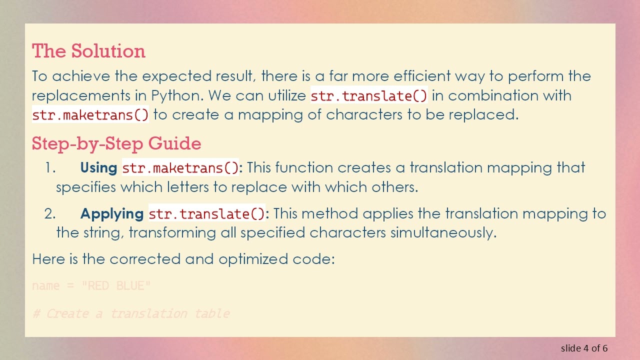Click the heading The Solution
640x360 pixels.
88,51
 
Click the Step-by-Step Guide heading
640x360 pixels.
116,143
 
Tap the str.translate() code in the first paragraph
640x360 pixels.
369,95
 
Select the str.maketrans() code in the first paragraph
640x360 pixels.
90,114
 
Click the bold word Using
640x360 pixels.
98,167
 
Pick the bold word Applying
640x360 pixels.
112,214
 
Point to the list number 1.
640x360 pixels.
49,168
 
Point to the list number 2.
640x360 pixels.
49,214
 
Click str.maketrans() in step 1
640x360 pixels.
181,168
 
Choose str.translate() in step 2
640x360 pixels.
207,214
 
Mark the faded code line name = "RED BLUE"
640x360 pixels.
91,286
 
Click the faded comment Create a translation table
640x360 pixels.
131,313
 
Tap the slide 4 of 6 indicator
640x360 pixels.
584,348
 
